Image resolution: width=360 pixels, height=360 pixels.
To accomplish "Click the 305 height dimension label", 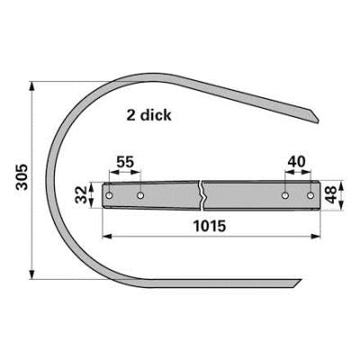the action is (x=22, y=177).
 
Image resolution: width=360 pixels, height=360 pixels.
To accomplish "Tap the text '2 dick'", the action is (x=148, y=115).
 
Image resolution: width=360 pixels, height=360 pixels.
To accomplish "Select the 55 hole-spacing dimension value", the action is (x=125, y=162).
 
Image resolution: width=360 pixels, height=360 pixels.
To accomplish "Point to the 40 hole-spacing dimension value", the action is (x=296, y=162).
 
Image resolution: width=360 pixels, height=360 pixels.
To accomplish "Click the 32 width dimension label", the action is (x=81, y=194).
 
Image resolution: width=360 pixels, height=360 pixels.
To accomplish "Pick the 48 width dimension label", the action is (x=331, y=194).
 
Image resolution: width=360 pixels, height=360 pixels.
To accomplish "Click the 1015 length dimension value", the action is (x=210, y=226).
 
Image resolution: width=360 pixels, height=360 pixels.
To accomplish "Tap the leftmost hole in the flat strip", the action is (x=110, y=195).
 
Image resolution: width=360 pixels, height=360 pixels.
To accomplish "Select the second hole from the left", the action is (x=140, y=195).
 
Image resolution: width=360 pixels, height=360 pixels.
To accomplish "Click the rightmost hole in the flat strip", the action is (x=310, y=195).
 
